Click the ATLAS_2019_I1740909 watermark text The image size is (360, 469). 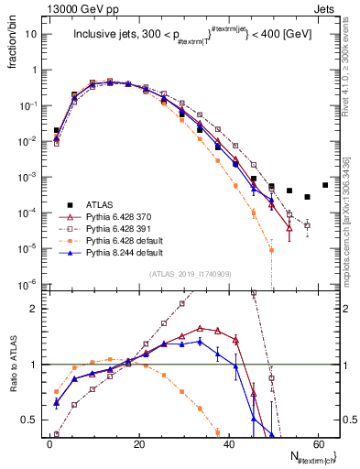click(191, 275)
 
